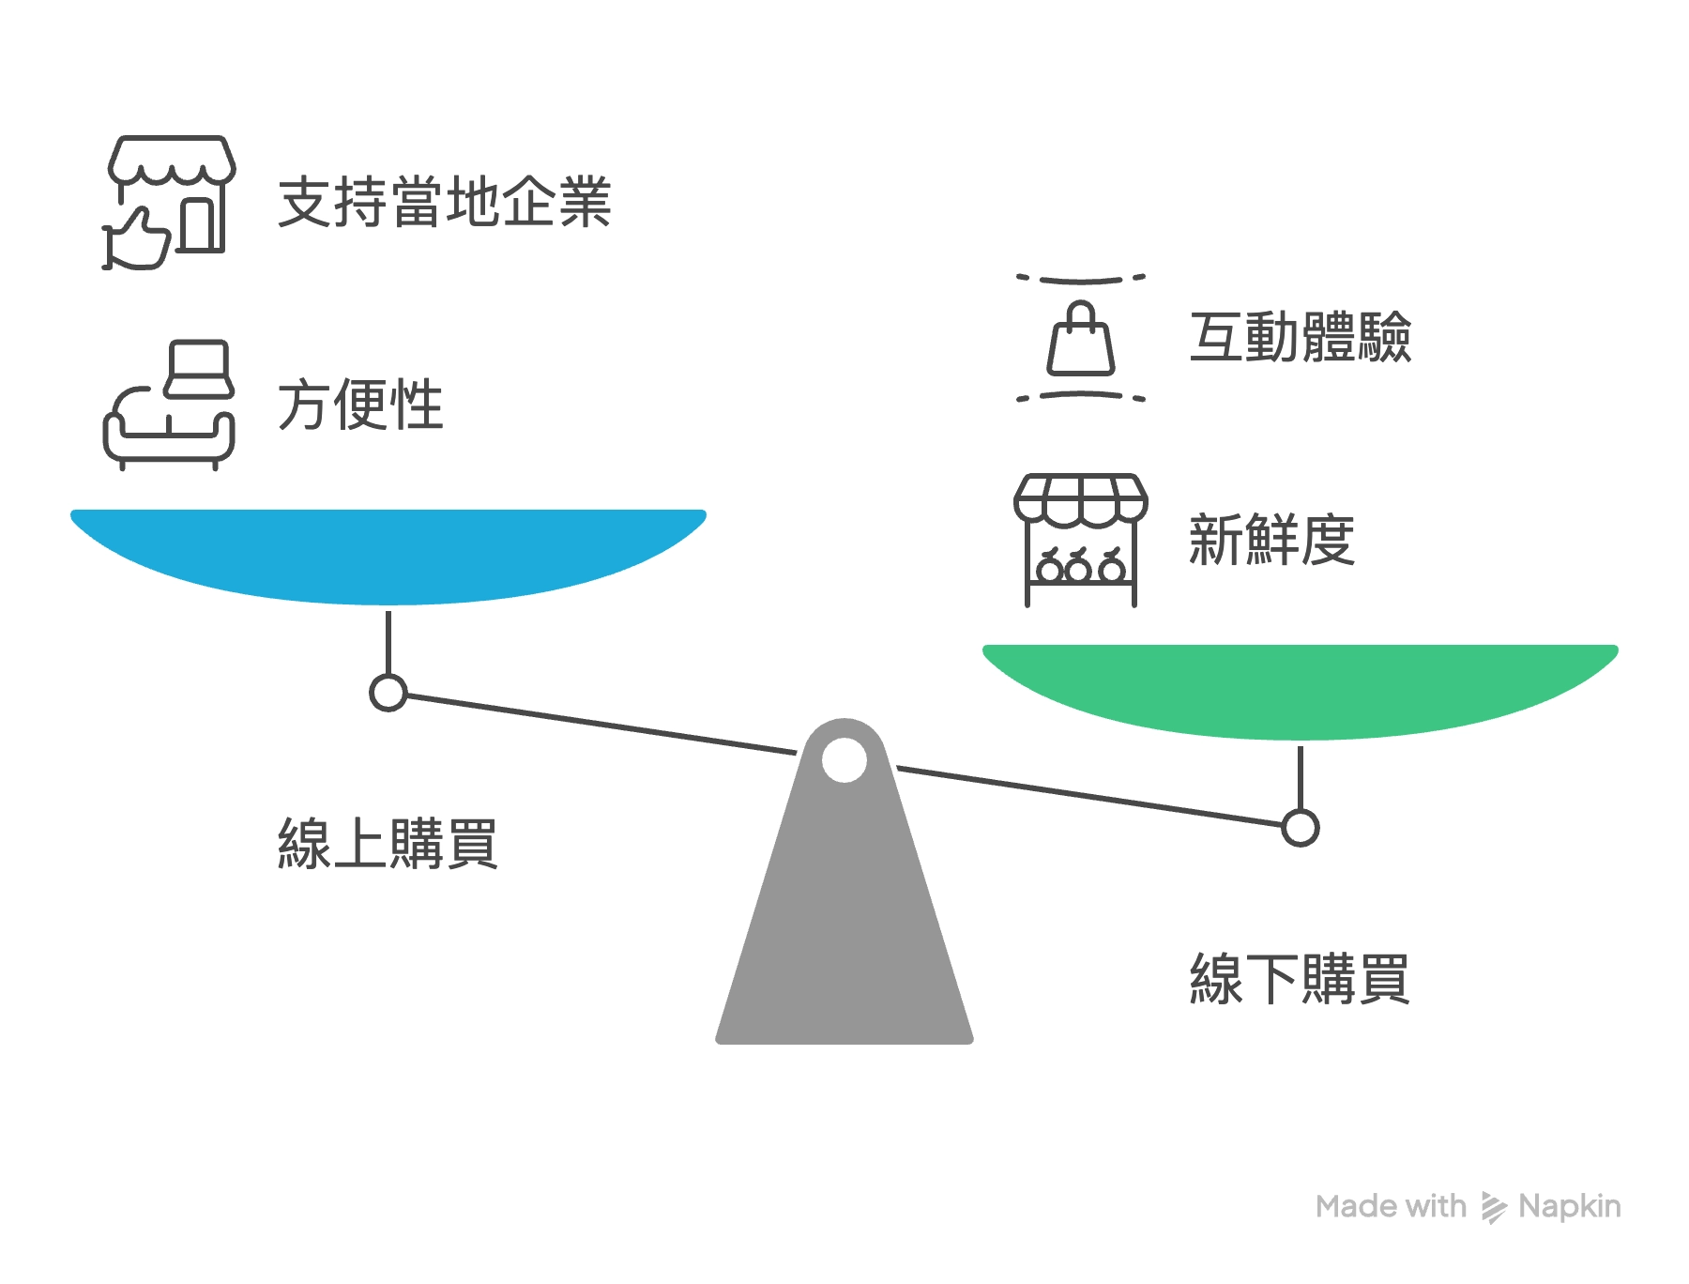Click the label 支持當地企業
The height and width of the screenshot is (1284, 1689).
click(x=445, y=202)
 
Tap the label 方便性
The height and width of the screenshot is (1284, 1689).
click(x=360, y=405)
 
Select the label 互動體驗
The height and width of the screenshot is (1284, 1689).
click(x=1300, y=337)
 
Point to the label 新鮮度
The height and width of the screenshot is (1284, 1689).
click(x=1271, y=540)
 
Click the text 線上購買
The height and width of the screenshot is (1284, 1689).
click(x=387, y=844)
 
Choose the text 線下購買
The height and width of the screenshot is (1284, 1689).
click(x=1300, y=979)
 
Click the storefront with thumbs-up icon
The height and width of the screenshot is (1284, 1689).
click(x=169, y=202)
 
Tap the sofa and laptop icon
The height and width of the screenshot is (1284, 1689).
click(x=169, y=405)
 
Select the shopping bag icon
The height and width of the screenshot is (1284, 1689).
click(x=1081, y=339)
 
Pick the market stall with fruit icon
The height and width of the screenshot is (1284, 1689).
click(x=1081, y=540)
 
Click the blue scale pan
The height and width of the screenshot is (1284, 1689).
click(x=388, y=554)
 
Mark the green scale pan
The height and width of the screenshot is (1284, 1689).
click(x=1301, y=689)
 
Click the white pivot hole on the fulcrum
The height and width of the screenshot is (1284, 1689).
click(x=844, y=759)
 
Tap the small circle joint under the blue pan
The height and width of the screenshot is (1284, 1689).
click(x=388, y=693)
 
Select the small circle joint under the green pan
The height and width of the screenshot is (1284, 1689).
click(x=1301, y=828)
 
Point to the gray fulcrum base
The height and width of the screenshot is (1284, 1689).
click(x=844, y=939)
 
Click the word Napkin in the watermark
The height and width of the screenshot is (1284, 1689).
click(x=1569, y=1206)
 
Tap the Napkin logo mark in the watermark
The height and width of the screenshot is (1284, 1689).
click(x=1493, y=1207)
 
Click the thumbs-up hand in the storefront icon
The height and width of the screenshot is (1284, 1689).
click(x=138, y=239)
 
